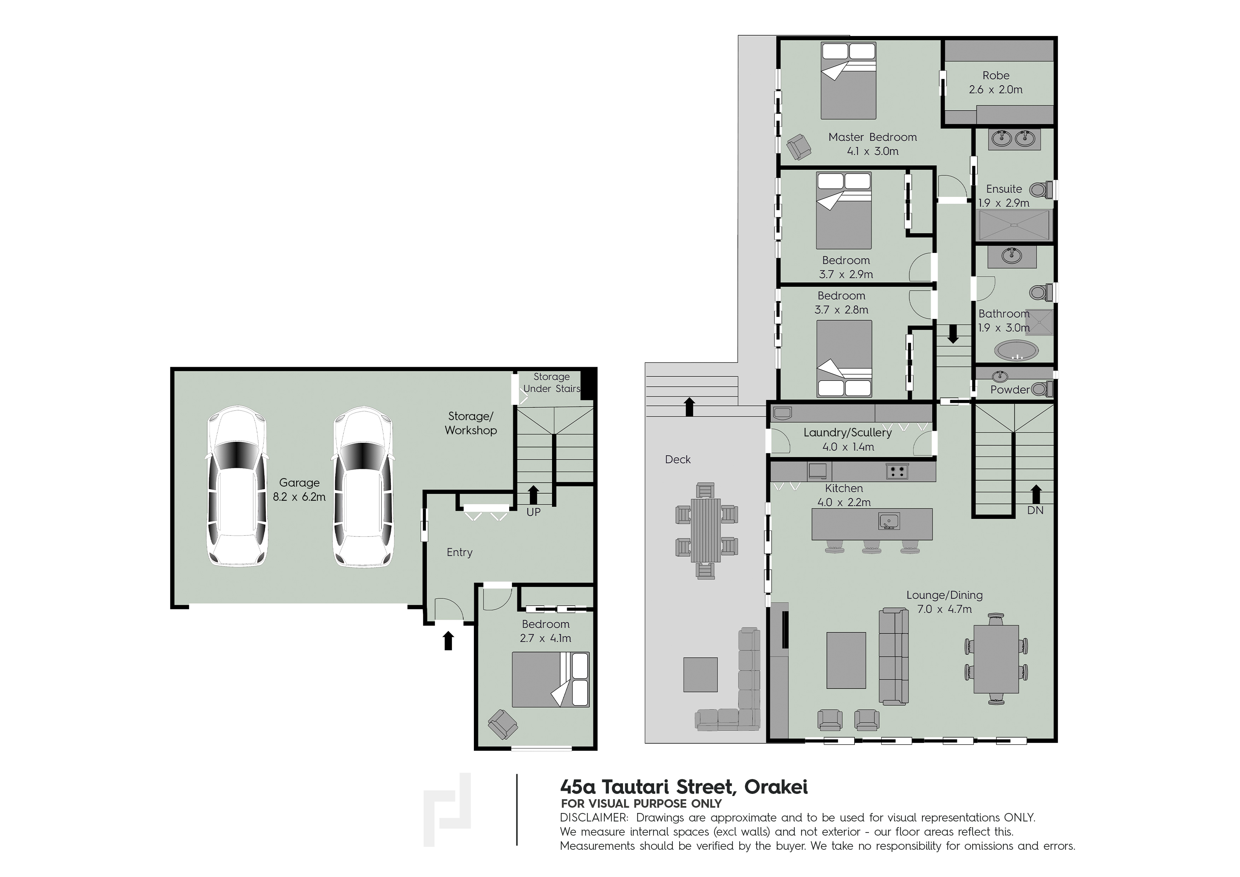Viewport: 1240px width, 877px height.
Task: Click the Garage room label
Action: [299, 483]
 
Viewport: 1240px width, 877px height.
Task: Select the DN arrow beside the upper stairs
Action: [1035, 493]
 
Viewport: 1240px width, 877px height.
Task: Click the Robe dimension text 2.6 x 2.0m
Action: [995, 90]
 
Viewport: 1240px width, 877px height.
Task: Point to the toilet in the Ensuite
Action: [1041, 190]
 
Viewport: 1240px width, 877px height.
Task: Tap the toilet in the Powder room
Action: [1041, 389]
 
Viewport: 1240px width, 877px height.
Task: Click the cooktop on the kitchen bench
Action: [897, 471]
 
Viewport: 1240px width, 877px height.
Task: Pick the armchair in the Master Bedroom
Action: [799, 147]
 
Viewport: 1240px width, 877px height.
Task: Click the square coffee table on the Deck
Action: [700, 674]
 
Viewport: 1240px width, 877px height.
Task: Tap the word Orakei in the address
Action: [776, 787]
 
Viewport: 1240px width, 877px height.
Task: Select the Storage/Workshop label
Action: [470, 423]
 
